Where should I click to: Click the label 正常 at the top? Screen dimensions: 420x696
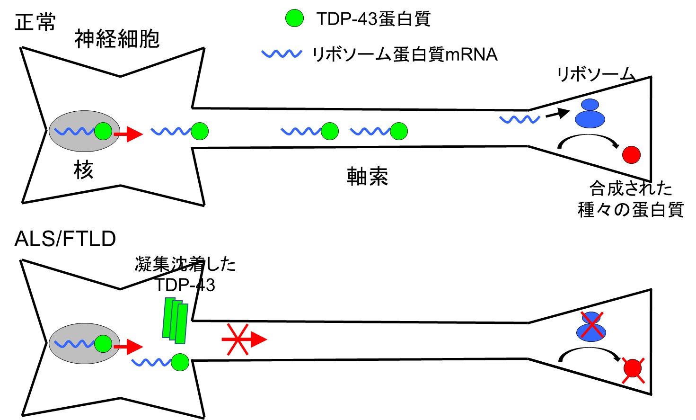click(x=35, y=22)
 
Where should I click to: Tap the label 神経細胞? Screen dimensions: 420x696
click(x=117, y=39)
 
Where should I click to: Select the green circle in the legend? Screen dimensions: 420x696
click(x=294, y=18)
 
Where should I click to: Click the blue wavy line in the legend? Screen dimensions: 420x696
click(x=282, y=54)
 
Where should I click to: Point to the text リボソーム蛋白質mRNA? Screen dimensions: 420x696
click(x=405, y=54)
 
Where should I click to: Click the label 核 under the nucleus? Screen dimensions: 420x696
click(x=83, y=170)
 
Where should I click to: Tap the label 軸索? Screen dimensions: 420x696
click(x=367, y=177)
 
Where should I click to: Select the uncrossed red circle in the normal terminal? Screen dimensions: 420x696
click(x=631, y=154)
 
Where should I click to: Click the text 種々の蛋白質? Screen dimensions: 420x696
click(x=631, y=209)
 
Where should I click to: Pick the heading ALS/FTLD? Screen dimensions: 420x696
click(x=65, y=239)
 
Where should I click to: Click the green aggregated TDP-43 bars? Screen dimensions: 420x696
click(x=175, y=320)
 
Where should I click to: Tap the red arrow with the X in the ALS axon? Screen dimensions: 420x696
click(x=243, y=339)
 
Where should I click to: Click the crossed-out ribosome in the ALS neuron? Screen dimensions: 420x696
click(x=591, y=327)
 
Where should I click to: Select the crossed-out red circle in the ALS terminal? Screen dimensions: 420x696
click(x=633, y=368)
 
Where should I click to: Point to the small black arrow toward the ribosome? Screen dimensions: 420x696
click(x=557, y=114)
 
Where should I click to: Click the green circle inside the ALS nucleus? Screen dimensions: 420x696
click(x=103, y=344)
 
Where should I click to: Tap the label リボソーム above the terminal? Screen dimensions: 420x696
click(x=595, y=74)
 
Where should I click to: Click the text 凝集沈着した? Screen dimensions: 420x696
click(x=185, y=264)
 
